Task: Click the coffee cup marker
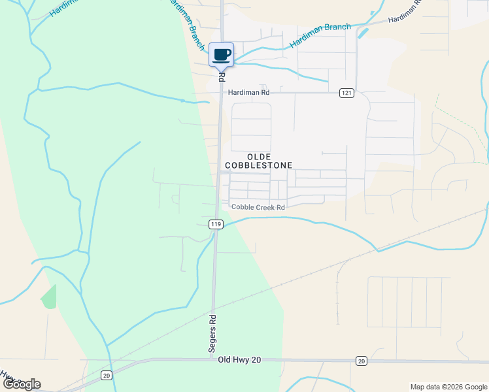(221, 54)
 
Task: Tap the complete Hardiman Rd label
(248, 93)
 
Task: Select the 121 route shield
(346, 93)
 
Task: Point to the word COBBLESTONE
(258, 166)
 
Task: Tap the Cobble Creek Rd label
(258, 207)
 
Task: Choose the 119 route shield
(216, 224)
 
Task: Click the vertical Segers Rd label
(212, 334)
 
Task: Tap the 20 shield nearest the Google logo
(106, 375)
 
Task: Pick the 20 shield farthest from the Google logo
(361, 361)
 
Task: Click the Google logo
(22, 384)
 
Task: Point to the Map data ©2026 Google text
(448, 387)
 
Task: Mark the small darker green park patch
(49, 297)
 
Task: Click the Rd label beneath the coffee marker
(222, 76)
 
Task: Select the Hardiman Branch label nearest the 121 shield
(320, 35)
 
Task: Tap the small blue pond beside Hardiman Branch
(363, 31)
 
